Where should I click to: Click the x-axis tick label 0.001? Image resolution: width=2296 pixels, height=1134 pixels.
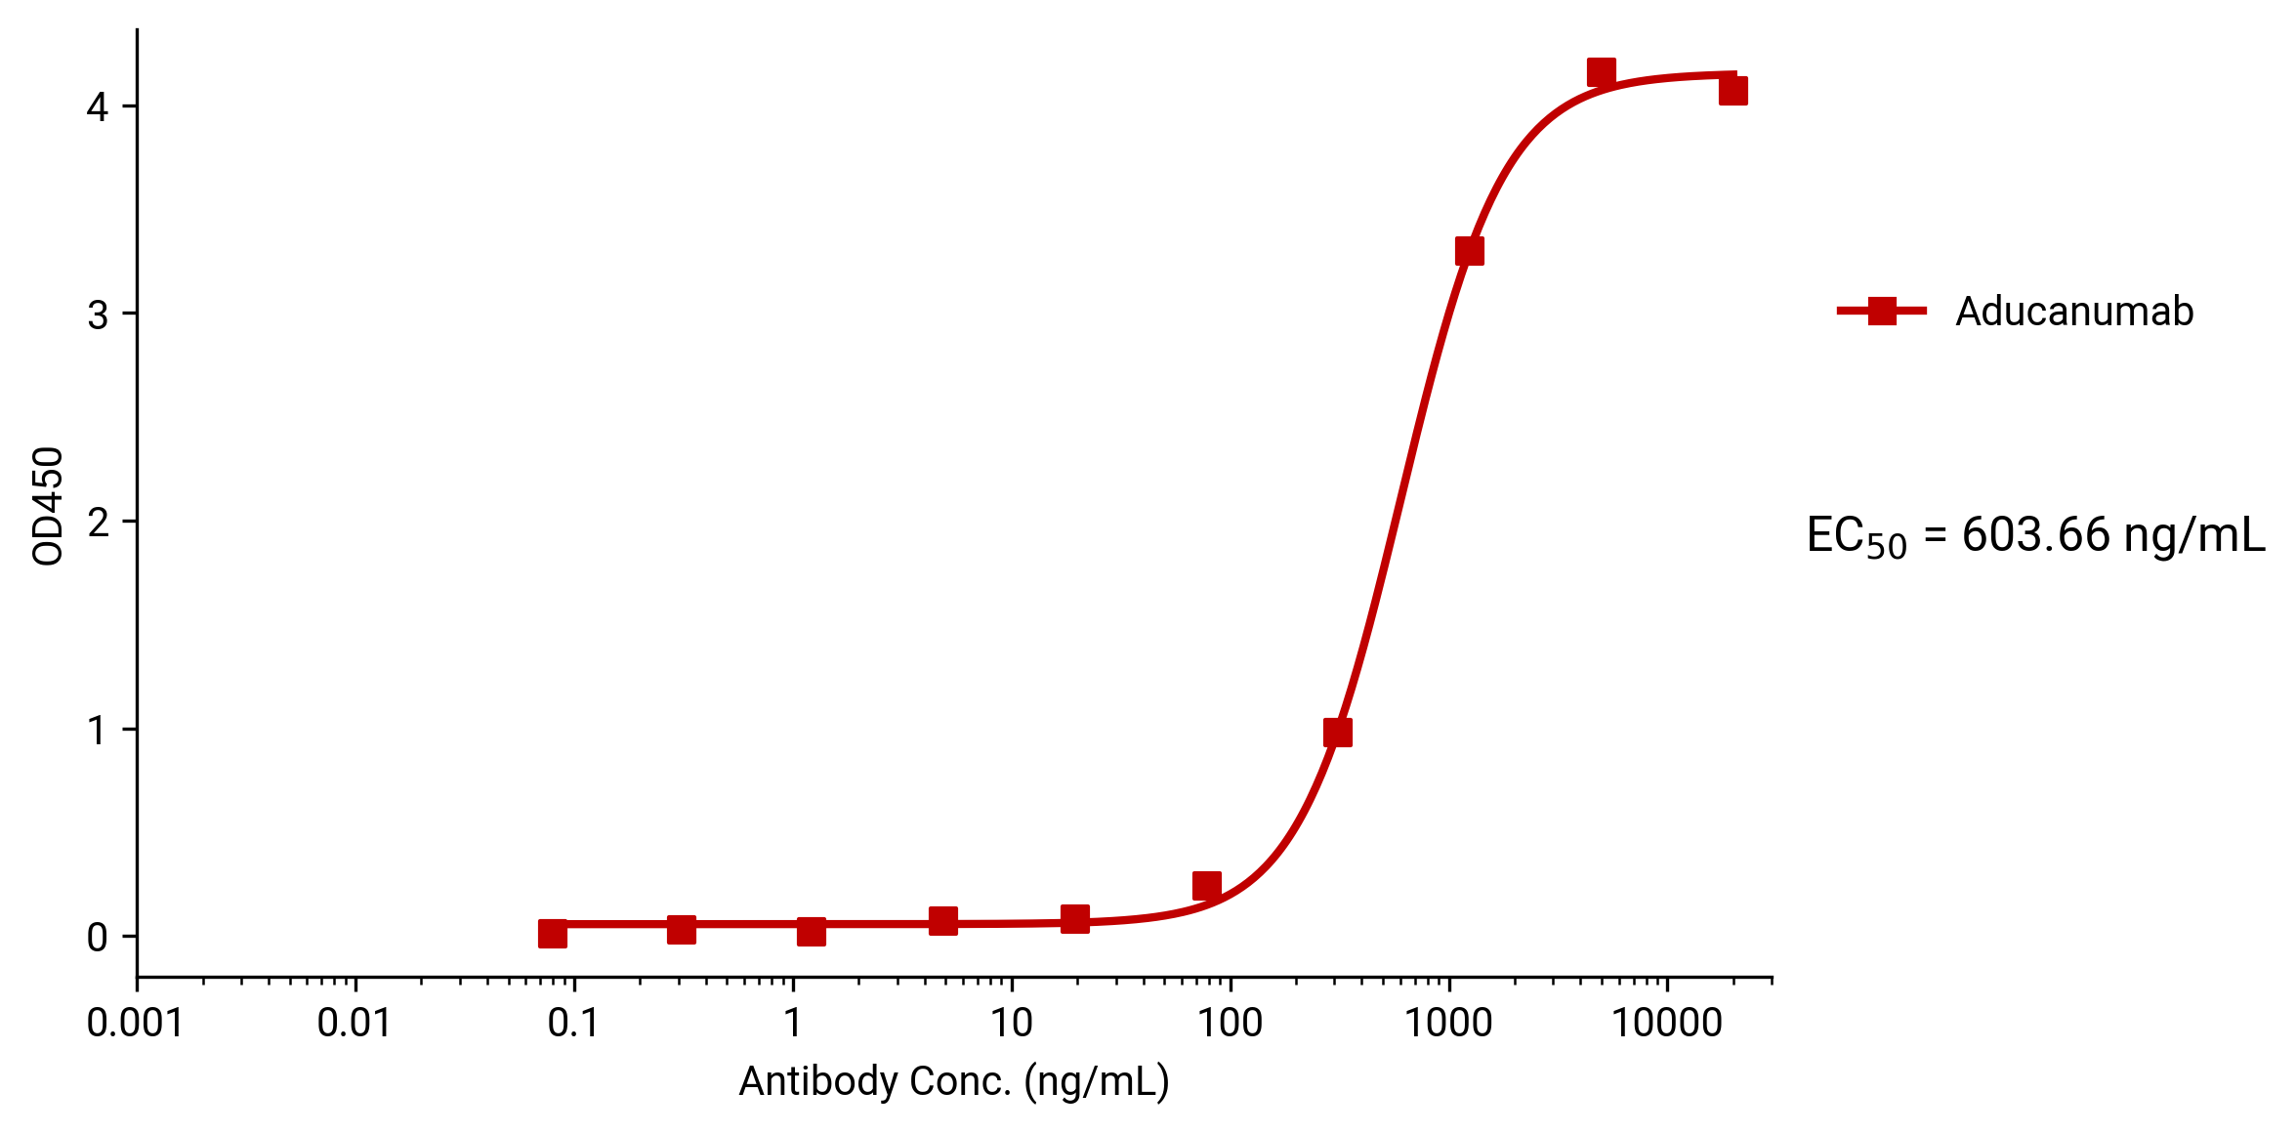(x=135, y=1024)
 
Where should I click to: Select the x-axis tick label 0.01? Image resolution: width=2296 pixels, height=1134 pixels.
(x=354, y=1024)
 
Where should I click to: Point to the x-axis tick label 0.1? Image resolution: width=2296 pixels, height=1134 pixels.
(x=573, y=1024)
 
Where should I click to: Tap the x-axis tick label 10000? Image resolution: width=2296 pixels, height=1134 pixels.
(x=1666, y=1024)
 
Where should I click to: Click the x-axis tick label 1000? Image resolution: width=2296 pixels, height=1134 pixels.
(x=1448, y=1024)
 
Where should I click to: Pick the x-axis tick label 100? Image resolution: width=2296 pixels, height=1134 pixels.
(x=1230, y=1024)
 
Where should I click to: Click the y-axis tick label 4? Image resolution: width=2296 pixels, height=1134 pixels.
(x=97, y=106)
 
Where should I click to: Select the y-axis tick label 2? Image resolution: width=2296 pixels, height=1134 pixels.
(x=97, y=523)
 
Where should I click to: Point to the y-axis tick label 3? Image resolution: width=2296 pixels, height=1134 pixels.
(x=97, y=315)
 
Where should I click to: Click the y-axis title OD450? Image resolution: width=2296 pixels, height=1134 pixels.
(x=48, y=506)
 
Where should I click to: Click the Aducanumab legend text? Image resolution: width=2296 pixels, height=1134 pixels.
(x=2074, y=312)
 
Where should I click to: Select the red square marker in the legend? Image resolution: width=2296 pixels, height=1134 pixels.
(x=1881, y=312)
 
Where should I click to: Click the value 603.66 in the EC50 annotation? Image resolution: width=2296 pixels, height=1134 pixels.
(x=2035, y=535)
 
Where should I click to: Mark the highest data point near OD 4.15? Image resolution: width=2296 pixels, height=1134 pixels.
(x=1601, y=72)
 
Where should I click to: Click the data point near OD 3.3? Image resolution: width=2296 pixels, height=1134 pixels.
(x=1469, y=251)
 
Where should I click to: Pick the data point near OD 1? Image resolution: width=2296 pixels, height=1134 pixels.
(x=1338, y=733)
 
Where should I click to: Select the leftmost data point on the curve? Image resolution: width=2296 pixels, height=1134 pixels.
(x=553, y=934)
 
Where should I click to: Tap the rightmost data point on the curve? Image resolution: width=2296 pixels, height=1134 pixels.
(x=1732, y=91)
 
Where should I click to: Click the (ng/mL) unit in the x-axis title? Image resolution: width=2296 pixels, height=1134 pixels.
(x=1096, y=1081)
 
